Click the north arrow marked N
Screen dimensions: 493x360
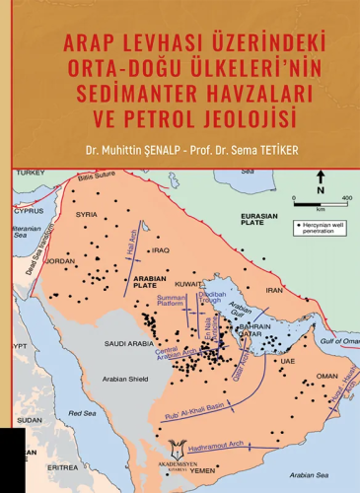320,181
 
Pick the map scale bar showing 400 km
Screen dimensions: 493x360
320,202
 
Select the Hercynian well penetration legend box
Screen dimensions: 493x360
323,230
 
